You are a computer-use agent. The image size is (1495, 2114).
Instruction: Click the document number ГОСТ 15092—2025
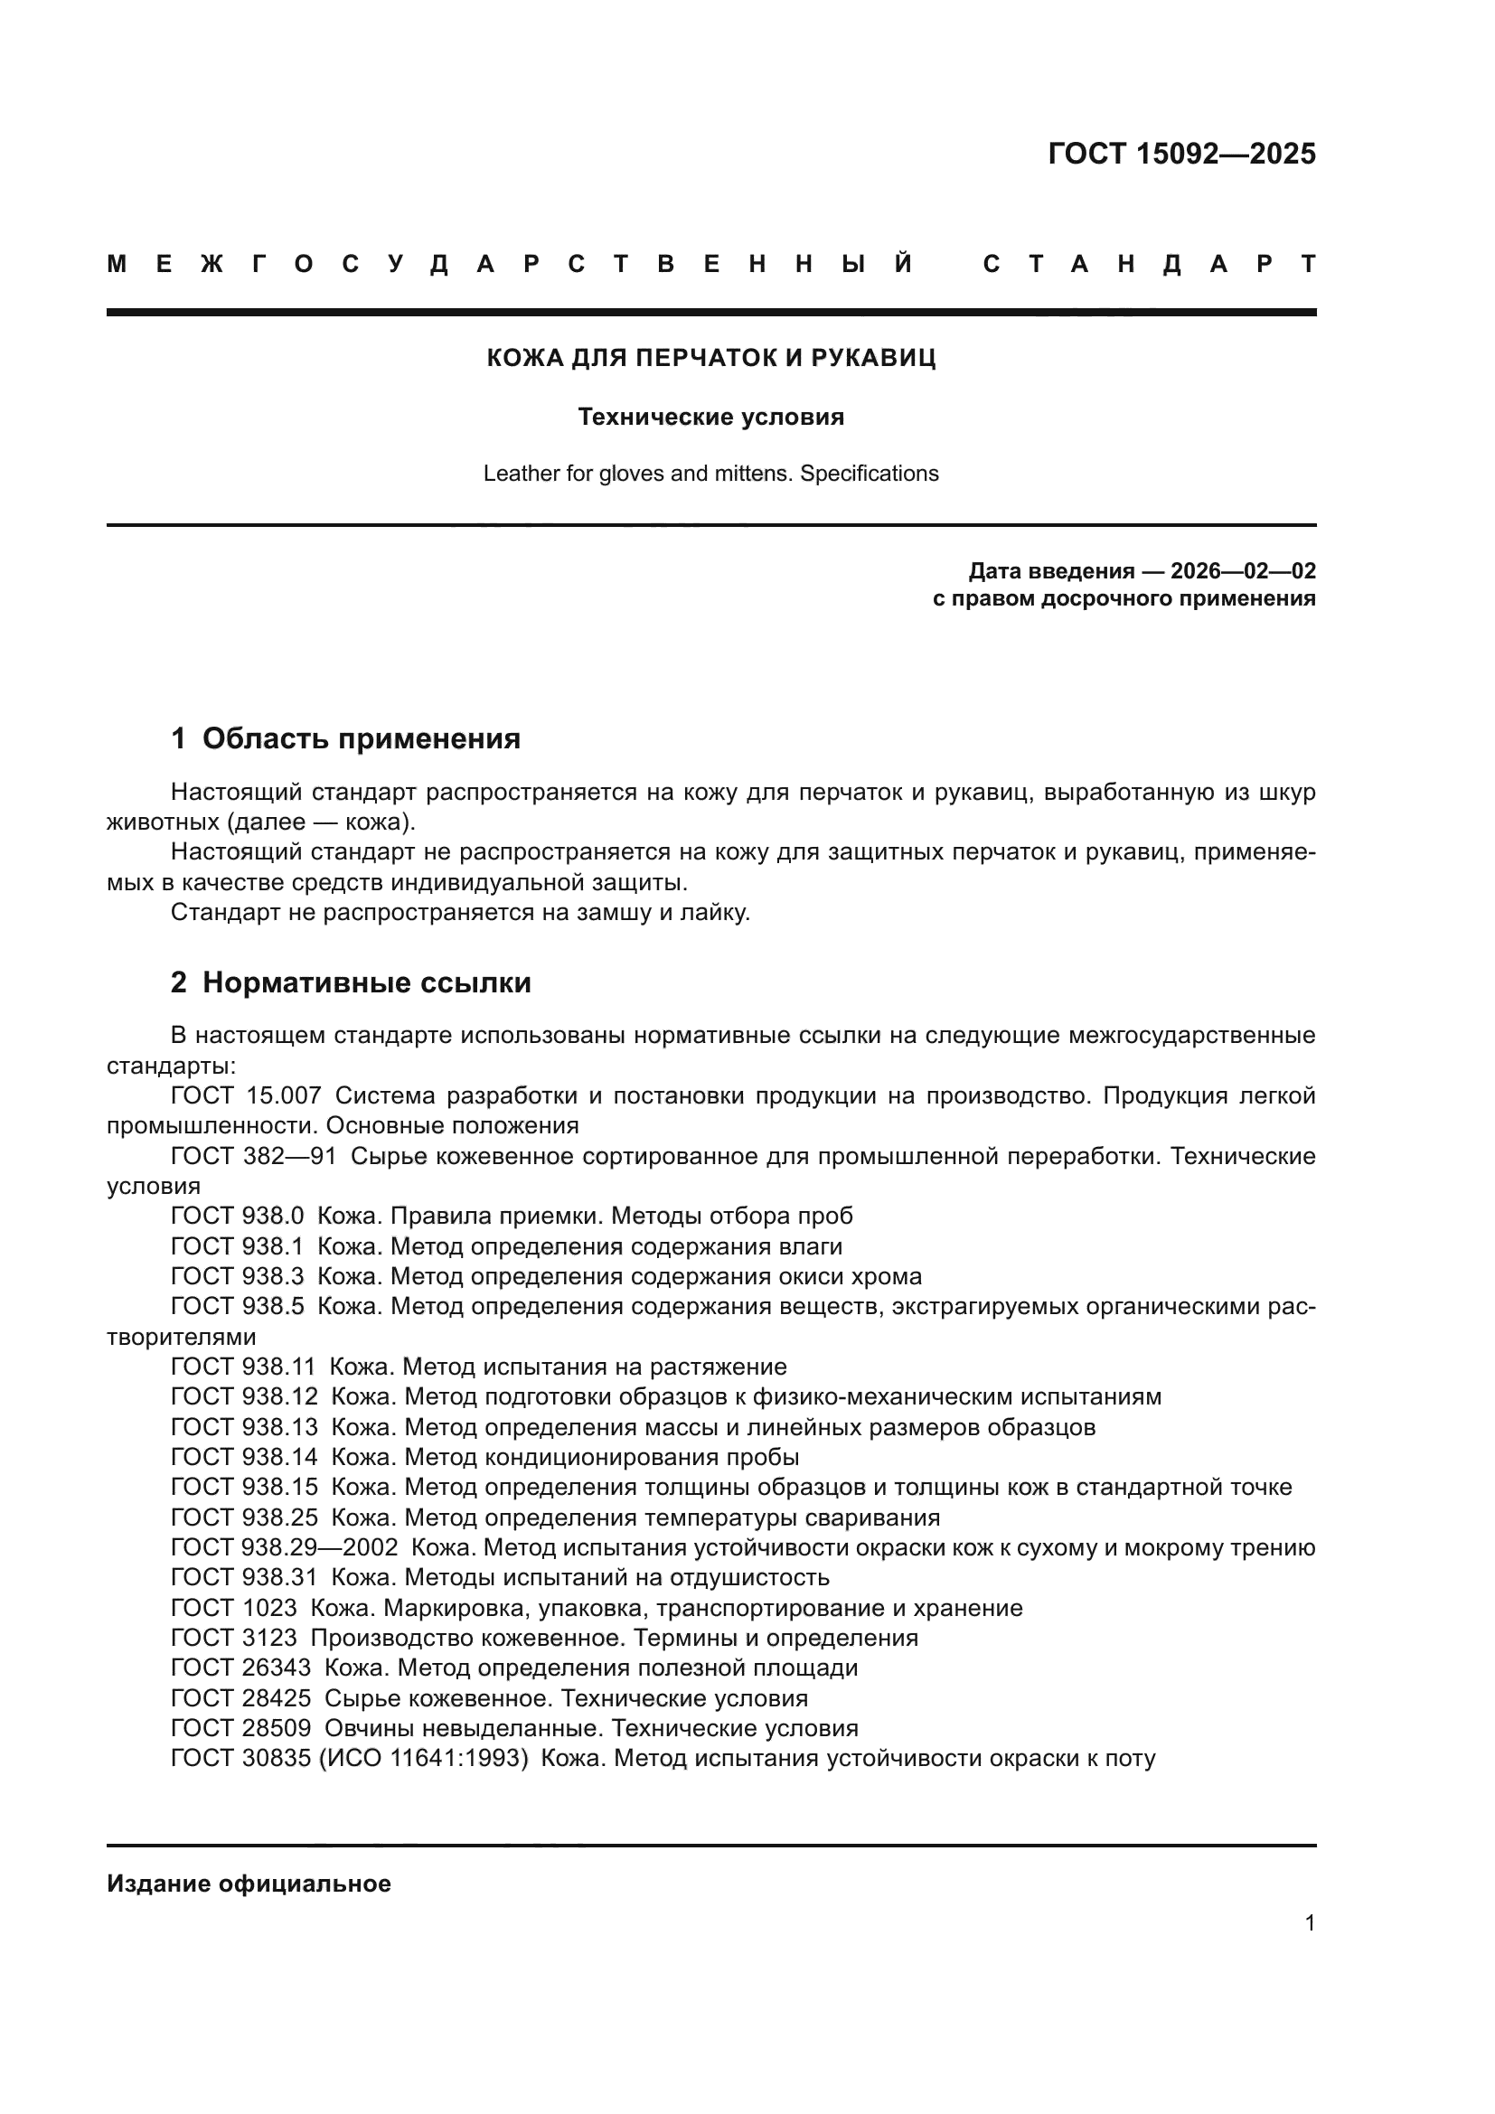[x=1181, y=154]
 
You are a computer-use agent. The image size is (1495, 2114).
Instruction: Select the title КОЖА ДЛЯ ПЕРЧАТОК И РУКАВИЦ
[x=710, y=358]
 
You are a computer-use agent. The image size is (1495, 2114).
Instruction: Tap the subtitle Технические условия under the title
[x=710, y=417]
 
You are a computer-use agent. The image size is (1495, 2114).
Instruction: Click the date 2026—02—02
[x=1243, y=571]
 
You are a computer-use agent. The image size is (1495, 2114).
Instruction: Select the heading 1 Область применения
[x=346, y=738]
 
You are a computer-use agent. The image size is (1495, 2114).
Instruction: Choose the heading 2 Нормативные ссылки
[x=351, y=982]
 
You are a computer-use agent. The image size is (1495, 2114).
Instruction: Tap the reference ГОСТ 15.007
[x=246, y=1095]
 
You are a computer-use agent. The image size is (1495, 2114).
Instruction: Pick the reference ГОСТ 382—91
[x=253, y=1157]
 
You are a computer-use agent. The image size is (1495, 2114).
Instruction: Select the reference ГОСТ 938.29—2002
[x=284, y=1547]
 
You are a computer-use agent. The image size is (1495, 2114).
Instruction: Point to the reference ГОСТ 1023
[x=234, y=1609]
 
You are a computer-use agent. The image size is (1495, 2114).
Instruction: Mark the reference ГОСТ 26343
[x=240, y=1668]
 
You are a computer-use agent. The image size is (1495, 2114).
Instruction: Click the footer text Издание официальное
[x=249, y=1884]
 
